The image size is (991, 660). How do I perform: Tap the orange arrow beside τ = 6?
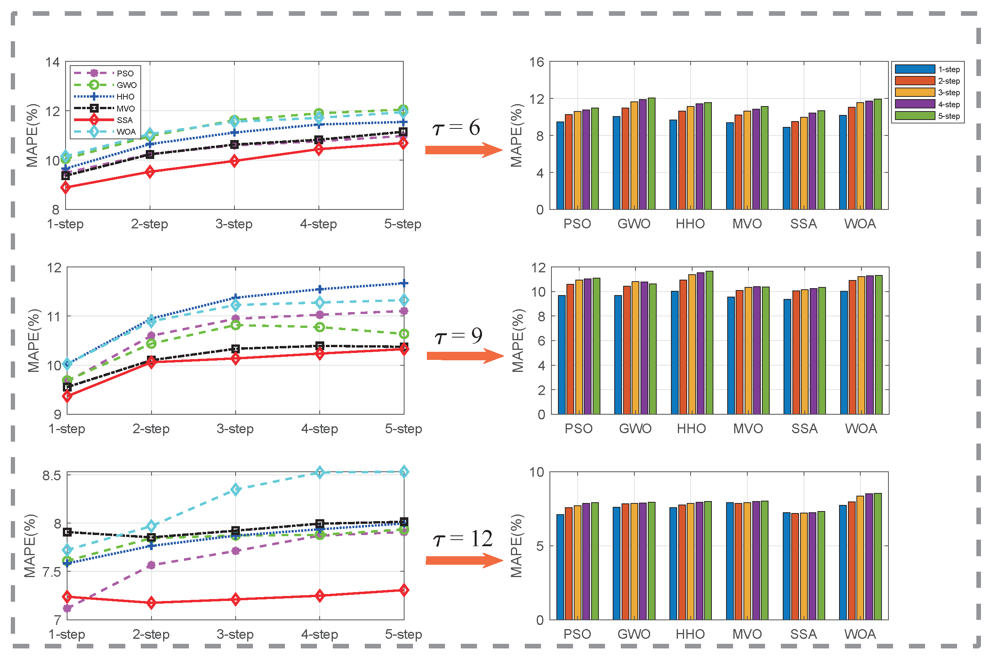click(463, 150)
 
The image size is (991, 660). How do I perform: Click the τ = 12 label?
click(462, 539)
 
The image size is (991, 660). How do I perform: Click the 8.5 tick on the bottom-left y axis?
click(51, 476)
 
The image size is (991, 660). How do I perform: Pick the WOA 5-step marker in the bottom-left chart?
click(404, 472)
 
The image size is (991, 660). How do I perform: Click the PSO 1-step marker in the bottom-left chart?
click(67, 608)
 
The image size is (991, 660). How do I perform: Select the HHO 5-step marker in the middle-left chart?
click(404, 283)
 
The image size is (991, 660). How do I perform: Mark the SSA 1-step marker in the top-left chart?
click(66, 188)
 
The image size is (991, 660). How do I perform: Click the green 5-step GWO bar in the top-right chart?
click(651, 154)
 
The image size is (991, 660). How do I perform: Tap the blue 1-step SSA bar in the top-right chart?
click(786, 168)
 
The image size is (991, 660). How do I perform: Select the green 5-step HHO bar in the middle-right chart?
click(709, 343)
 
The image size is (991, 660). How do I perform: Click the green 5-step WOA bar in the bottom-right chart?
click(877, 557)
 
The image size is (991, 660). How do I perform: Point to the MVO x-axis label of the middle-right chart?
click(748, 429)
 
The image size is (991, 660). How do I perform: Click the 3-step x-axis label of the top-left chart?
click(234, 224)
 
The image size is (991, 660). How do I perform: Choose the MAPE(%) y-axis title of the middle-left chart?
click(34, 341)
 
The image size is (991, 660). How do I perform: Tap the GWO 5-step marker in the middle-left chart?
click(404, 334)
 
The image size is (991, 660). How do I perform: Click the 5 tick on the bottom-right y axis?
click(540, 546)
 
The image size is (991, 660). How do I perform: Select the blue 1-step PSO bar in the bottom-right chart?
click(560, 567)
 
